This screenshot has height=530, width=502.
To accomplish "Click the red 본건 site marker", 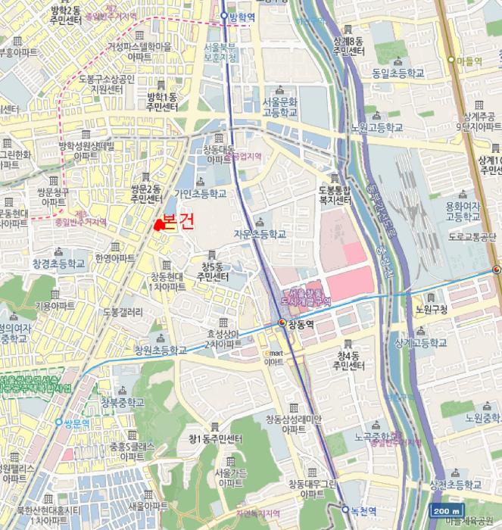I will (158, 224).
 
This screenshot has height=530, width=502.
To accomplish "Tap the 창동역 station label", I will (301, 323).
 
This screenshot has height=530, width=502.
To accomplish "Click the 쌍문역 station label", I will (76, 423).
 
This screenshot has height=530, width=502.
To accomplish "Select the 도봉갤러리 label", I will (123, 312).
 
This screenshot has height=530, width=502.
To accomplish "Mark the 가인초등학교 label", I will (200, 194).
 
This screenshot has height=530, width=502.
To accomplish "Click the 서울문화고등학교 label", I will (280, 106).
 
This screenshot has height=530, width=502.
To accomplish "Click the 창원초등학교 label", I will (160, 350).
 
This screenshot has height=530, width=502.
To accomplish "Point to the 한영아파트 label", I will (115, 258).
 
